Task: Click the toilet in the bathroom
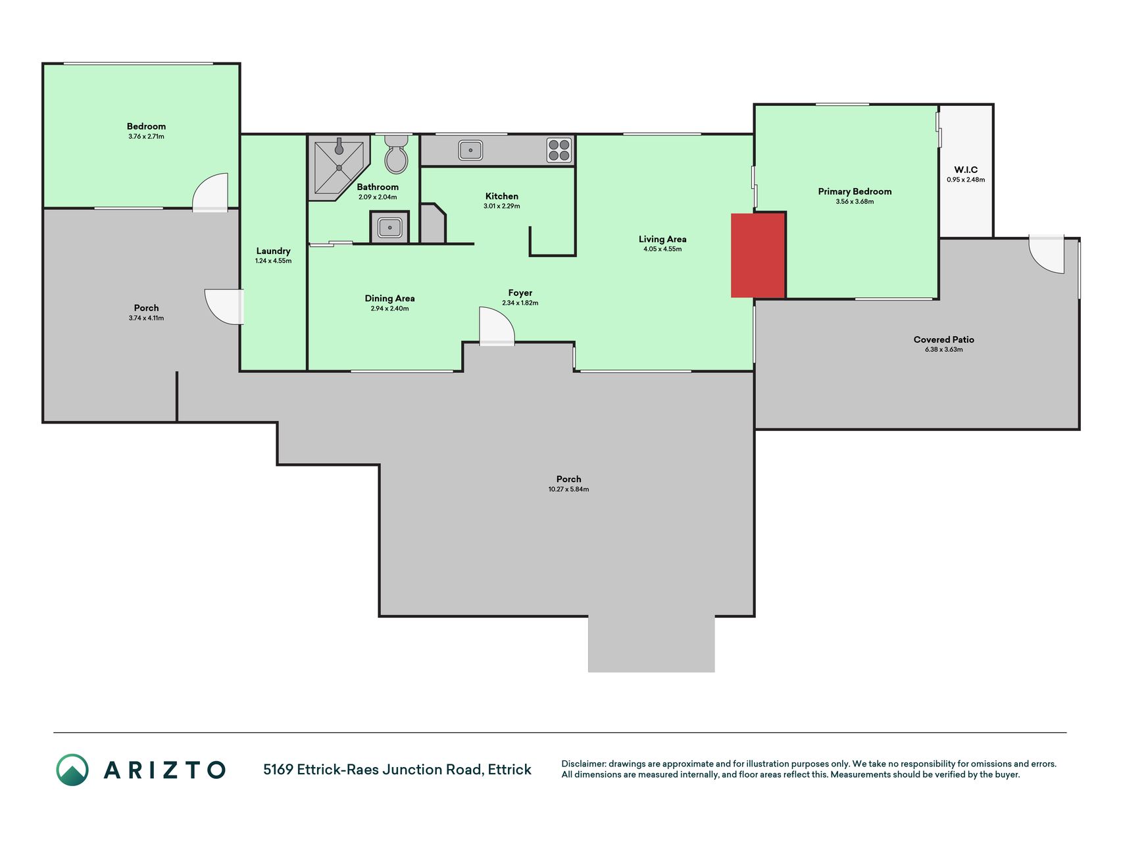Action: (396, 154)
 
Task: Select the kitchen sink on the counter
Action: (470, 150)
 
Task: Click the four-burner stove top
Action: (559, 150)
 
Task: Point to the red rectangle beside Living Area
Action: (759, 255)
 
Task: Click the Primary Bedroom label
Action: (855, 191)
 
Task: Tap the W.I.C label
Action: (966, 170)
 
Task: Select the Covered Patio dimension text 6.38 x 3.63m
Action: (943, 349)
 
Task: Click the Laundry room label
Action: (273, 251)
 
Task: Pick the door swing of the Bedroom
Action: (211, 191)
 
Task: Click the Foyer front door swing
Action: (497, 326)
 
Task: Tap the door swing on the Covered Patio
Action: (1046, 254)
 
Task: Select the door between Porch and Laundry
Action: (224, 307)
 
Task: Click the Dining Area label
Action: (389, 298)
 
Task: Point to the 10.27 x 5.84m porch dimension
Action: (568, 489)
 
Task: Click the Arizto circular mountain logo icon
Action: (72, 770)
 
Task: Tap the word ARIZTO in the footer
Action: (164, 770)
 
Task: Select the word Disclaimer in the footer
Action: (583, 764)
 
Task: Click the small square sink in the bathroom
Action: (389, 228)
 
